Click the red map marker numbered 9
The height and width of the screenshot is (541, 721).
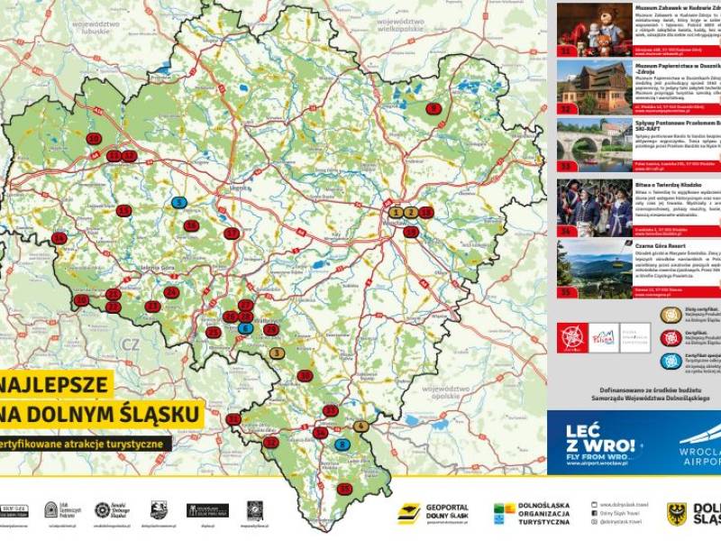(434, 108)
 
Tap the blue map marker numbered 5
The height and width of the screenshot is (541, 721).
(179, 202)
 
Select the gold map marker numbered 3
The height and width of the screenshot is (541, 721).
(277, 353)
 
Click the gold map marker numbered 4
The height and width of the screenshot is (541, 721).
(360, 426)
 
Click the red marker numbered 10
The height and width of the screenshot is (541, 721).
(94, 139)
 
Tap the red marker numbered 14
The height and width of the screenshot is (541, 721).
(59, 238)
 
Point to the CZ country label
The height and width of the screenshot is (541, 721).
(132, 344)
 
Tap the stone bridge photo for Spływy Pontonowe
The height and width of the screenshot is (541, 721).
(581, 142)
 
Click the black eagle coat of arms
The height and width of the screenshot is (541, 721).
(677, 514)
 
